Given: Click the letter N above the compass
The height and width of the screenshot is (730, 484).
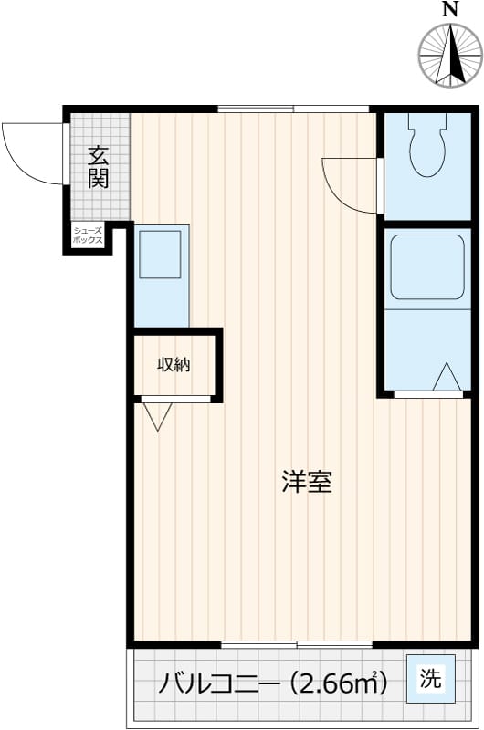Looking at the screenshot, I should (x=448, y=10).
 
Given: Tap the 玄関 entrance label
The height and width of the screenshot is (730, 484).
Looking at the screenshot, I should (x=98, y=166).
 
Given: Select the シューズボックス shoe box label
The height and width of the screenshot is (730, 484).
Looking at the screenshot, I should (x=89, y=236).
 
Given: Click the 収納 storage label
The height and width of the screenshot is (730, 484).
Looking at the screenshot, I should (x=174, y=365).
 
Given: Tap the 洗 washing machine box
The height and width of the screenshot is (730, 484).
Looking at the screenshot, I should (x=428, y=679).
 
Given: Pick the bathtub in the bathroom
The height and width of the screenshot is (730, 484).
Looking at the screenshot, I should (x=426, y=266).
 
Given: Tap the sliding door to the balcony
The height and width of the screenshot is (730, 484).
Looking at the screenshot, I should (x=297, y=644).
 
